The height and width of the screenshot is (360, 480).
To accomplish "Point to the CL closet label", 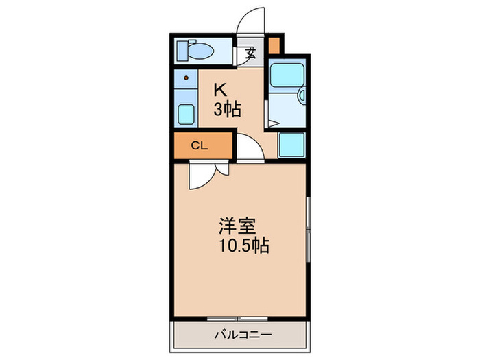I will (199, 145).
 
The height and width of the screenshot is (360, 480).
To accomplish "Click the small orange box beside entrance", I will (274, 47).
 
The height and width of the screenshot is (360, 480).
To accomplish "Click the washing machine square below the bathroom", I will (291, 145).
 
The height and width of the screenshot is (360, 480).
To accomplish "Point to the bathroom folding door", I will (273, 124).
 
